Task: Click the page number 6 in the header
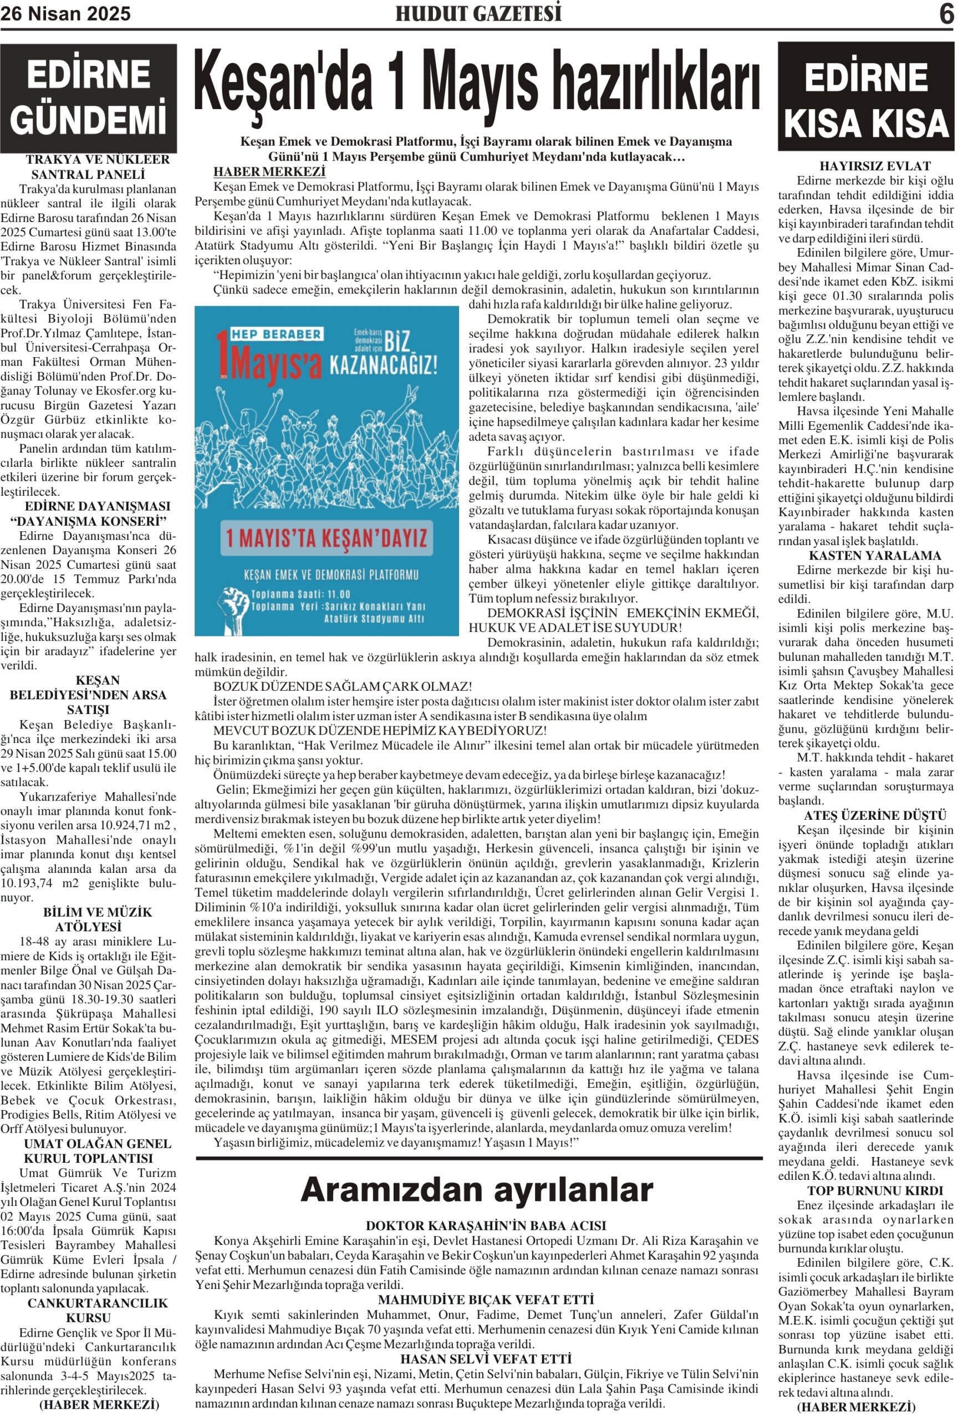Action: click(x=945, y=13)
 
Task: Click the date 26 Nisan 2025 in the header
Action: click(x=65, y=13)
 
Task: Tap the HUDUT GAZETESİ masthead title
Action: click(x=478, y=13)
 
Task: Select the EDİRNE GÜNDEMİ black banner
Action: click(x=89, y=97)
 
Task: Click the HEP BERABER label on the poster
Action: click(x=276, y=334)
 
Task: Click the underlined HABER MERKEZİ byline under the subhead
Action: click(x=269, y=172)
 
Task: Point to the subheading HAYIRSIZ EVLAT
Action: click(x=866, y=166)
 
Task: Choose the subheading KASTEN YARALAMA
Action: click(x=866, y=555)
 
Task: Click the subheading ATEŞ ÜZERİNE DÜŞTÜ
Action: click(x=866, y=815)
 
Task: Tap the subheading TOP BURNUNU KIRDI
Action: click(x=866, y=1190)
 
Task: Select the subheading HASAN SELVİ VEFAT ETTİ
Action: click(x=486, y=1359)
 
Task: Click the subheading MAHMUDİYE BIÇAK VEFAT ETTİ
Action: click(x=486, y=1299)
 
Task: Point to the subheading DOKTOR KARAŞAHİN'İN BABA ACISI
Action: click(x=486, y=1225)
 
